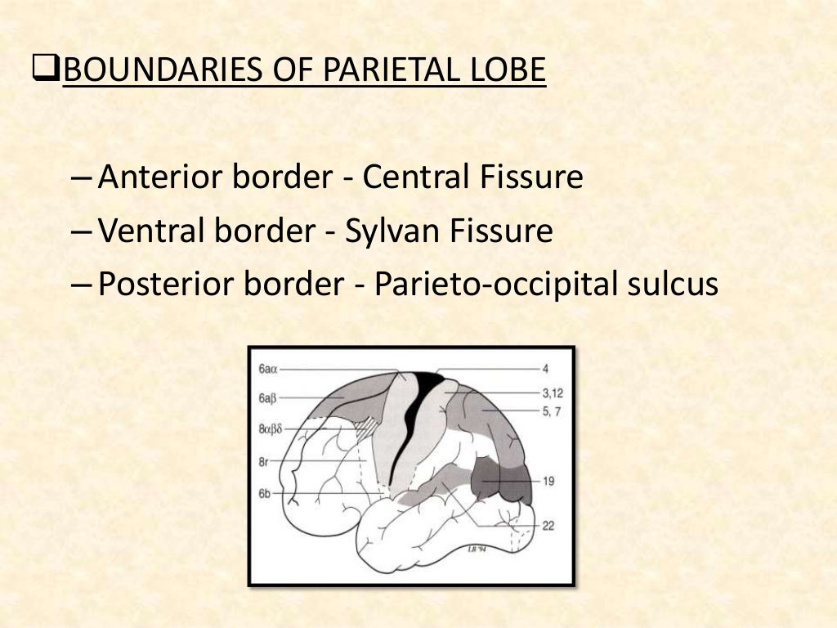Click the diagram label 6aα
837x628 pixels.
(x=269, y=370)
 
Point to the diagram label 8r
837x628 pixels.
(x=264, y=461)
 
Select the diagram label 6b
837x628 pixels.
(x=265, y=494)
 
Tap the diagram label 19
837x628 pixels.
(x=548, y=481)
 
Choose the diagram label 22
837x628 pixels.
(x=548, y=526)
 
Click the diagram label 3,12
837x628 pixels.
(x=553, y=392)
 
